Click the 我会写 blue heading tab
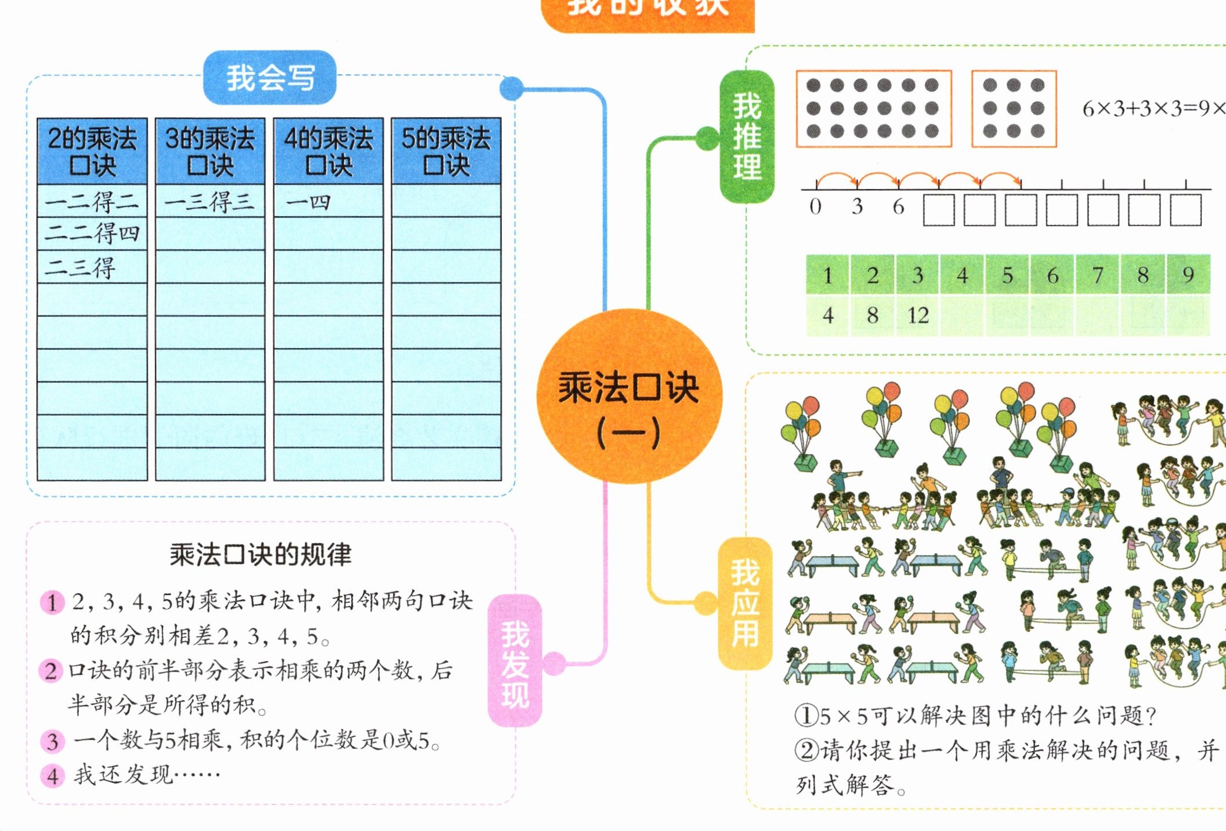(x=270, y=78)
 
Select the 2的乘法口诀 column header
(x=92, y=151)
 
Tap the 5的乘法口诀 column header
(x=446, y=151)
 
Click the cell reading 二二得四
(x=92, y=234)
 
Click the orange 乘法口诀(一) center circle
(x=629, y=397)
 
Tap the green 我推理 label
(x=747, y=137)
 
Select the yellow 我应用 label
(x=745, y=603)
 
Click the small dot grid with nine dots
(x=1014, y=108)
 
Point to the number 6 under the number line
(x=898, y=206)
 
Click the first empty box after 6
(x=939, y=210)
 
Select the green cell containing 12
(x=918, y=315)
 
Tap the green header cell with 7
(x=1097, y=275)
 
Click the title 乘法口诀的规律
(x=261, y=554)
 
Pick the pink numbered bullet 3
(x=52, y=741)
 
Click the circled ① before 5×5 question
(x=806, y=716)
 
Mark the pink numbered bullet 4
(x=52, y=776)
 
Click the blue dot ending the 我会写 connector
(x=511, y=89)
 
